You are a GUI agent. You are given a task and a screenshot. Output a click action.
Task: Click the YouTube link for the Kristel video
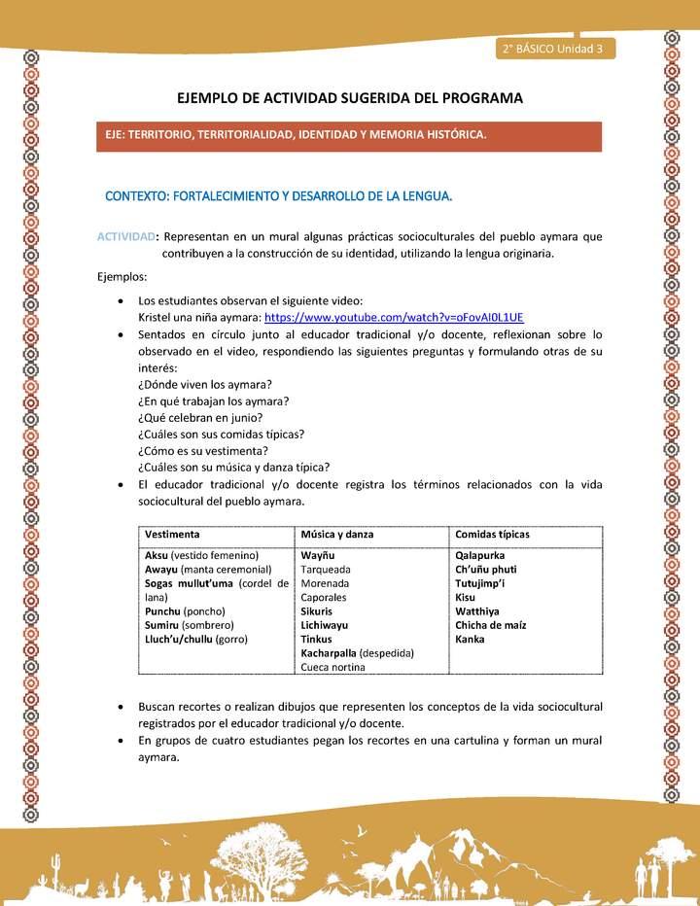(x=394, y=317)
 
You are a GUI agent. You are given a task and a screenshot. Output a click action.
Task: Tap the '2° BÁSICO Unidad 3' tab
(x=551, y=49)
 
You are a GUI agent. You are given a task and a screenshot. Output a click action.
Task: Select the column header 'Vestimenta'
(x=173, y=535)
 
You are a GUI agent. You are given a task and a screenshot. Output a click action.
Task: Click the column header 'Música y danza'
(x=337, y=535)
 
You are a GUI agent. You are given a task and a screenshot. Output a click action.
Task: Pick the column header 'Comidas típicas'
(x=492, y=535)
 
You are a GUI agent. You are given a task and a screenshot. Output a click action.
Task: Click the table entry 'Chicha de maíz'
(x=491, y=625)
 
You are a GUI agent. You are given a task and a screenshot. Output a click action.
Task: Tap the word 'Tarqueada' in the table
(x=326, y=570)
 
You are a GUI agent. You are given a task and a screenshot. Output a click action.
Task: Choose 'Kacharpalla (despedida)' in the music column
(x=358, y=653)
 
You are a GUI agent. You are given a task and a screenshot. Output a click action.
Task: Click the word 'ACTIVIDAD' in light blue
(x=127, y=236)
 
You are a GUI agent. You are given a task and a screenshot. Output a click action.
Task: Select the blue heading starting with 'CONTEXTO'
(x=278, y=195)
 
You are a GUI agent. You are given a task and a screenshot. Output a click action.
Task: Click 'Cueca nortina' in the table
(x=333, y=668)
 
